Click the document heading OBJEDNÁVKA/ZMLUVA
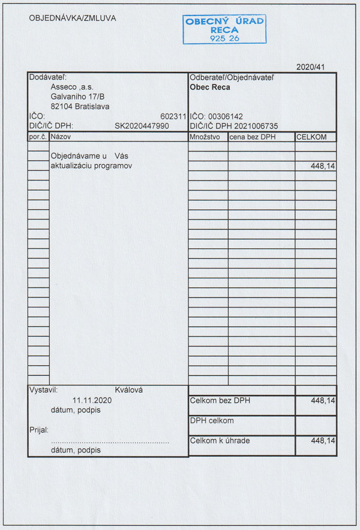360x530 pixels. [x=73, y=18]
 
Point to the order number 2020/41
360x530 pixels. [x=310, y=67]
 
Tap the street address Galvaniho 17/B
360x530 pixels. [x=78, y=97]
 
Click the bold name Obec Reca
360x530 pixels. [x=209, y=87]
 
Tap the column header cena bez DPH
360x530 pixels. [x=252, y=137]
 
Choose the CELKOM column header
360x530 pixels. [x=311, y=137]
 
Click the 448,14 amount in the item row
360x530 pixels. [x=323, y=165]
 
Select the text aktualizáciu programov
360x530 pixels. [x=91, y=165]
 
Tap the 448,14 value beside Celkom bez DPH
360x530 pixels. [x=323, y=400]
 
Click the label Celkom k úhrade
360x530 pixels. [x=220, y=441]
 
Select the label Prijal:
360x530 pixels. [x=39, y=429]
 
